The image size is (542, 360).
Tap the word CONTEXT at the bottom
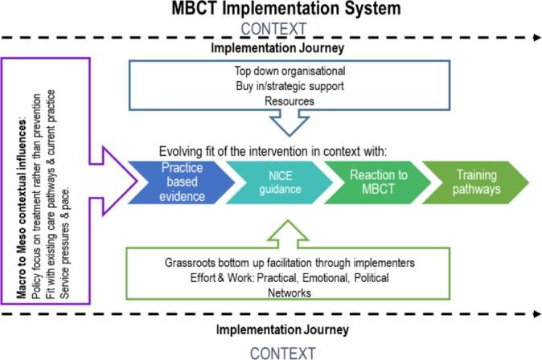pyautogui.click(x=277, y=351)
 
